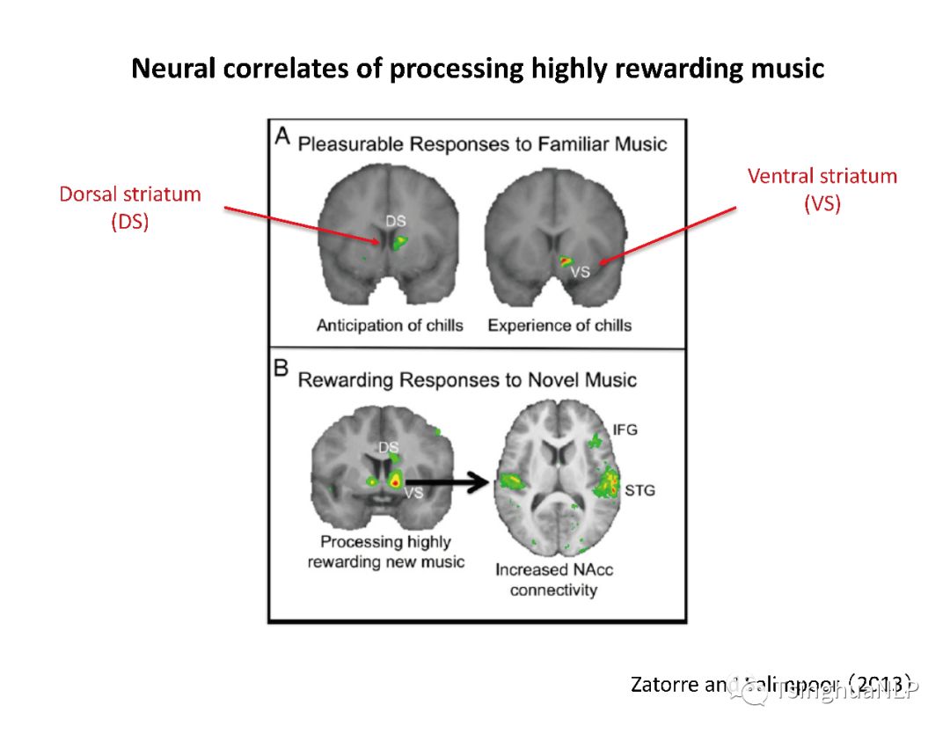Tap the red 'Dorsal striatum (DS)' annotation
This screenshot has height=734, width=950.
click(x=130, y=207)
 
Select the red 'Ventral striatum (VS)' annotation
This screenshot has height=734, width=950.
click(x=822, y=188)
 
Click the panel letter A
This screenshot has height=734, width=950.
click(x=282, y=136)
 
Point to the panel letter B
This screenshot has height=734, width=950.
click(x=282, y=368)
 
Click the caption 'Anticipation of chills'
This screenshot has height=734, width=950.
click(x=390, y=326)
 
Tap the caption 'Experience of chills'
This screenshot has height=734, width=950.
click(x=559, y=326)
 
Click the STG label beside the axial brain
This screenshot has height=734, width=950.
click(x=639, y=489)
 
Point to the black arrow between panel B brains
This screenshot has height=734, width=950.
click(x=457, y=481)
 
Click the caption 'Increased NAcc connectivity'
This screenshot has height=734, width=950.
click(x=554, y=579)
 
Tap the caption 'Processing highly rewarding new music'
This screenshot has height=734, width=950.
click(x=385, y=552)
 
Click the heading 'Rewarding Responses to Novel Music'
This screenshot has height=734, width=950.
click(x=467, y=380)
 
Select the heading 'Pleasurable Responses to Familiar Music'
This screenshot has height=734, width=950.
click(x=482, y=143)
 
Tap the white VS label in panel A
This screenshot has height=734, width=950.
click(x=580, y=273)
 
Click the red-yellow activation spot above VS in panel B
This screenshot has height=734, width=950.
click(x=396, y=481)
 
